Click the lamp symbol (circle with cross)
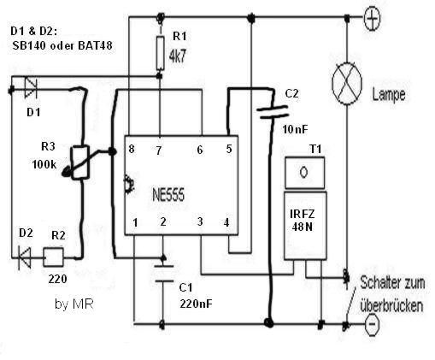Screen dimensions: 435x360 (347, 83)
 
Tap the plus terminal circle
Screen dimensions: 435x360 (372, 19)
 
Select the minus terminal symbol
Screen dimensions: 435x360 (373, 324)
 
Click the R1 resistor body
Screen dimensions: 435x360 (161, 53)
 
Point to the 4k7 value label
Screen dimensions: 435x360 (178, 56)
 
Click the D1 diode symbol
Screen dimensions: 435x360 (31, 88)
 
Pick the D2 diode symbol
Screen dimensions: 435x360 (25, 257)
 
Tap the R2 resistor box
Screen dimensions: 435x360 (53, 257)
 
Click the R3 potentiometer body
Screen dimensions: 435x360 (80, 162)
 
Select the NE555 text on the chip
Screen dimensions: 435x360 (168, 195)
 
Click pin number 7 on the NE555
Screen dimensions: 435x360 (158, 151)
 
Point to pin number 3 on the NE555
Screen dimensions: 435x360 (200, 221)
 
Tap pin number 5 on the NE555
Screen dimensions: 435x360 (229, 149)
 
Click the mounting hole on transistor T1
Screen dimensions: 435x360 (303, 172)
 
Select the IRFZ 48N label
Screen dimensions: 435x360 (303, 220)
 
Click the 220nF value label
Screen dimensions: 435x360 (196, 304)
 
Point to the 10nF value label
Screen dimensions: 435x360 (295, 130)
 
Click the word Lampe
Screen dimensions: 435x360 (389, 95)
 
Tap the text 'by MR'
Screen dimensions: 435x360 (73, 304)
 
